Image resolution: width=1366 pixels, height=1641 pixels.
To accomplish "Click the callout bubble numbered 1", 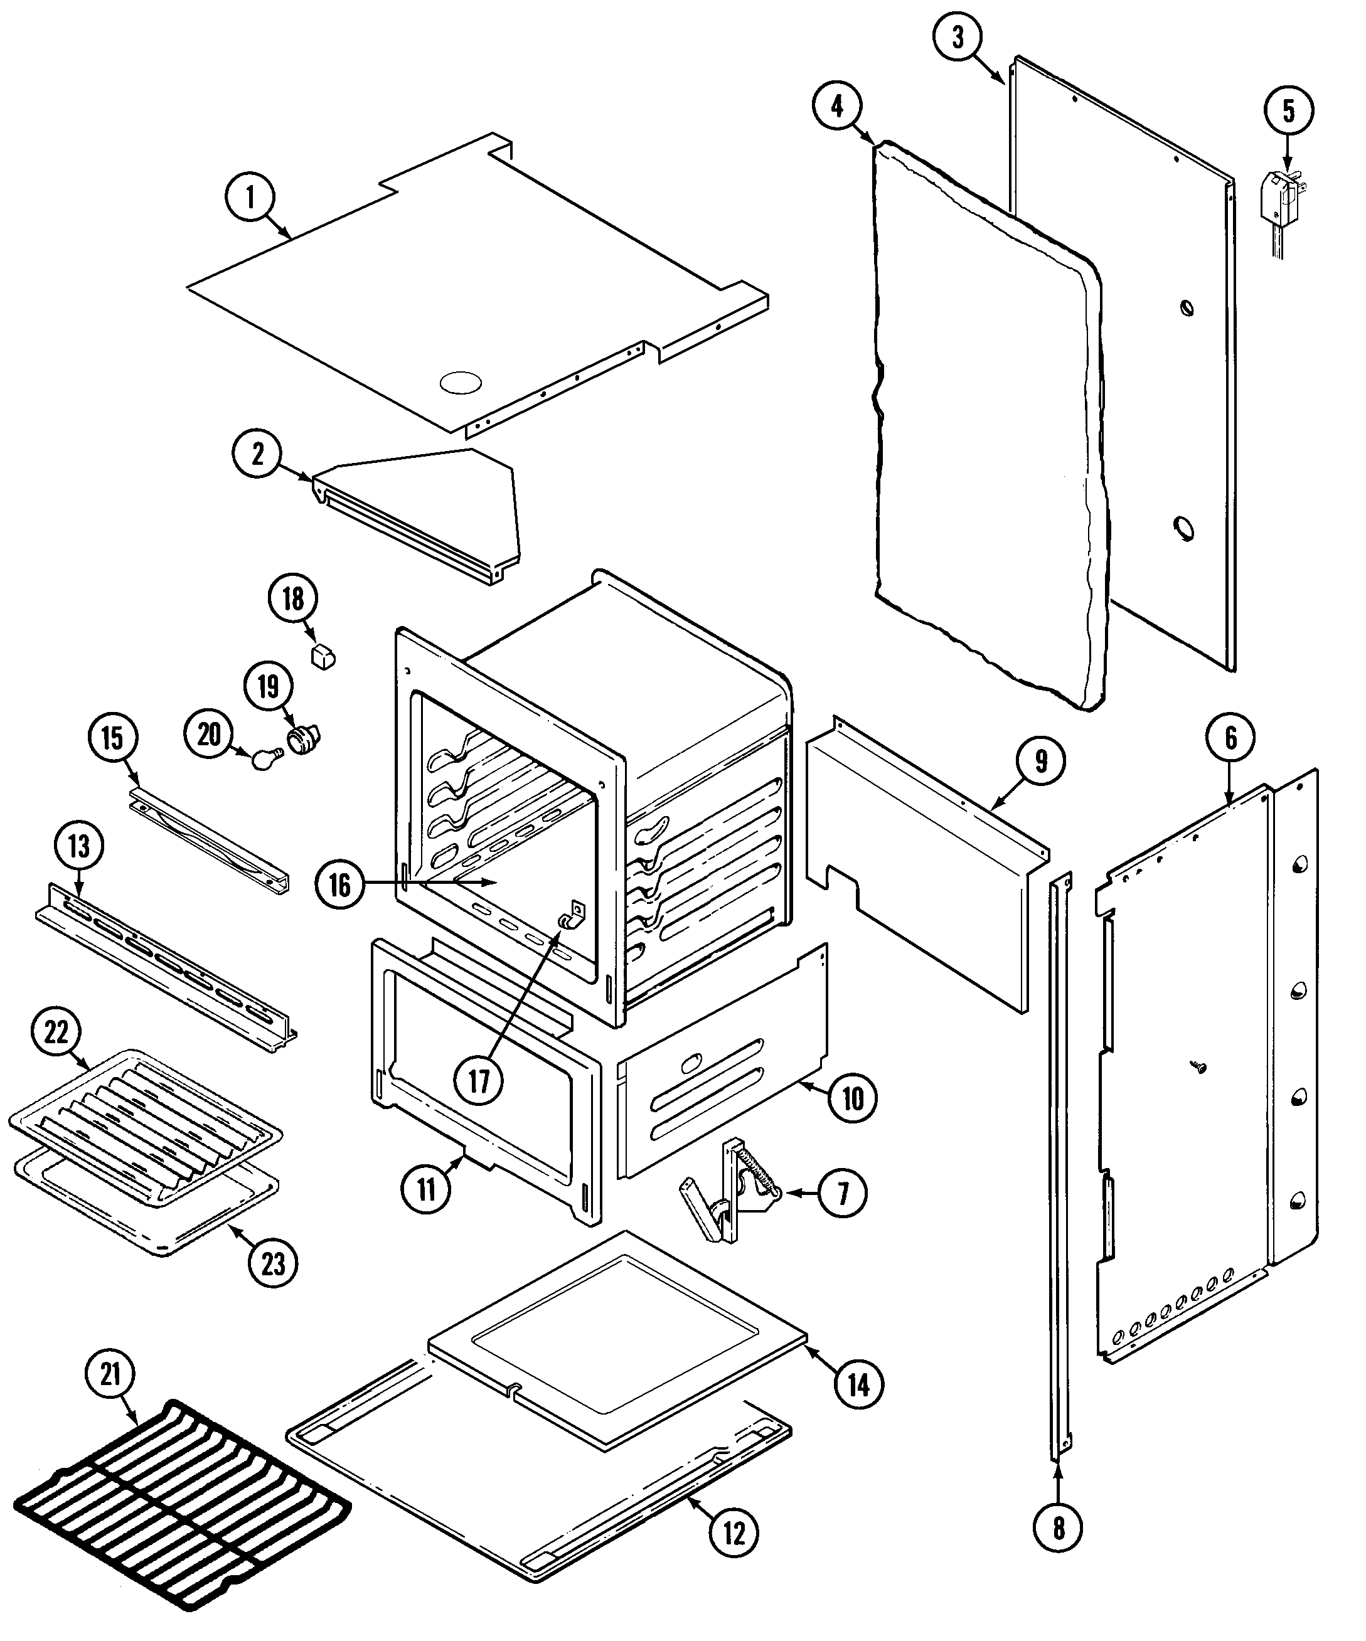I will click(x=250, y=198).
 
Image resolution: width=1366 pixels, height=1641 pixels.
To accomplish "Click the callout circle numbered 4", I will click(x=837, y=105).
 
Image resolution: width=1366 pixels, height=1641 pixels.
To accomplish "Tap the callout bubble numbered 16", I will click(x=340, y=884).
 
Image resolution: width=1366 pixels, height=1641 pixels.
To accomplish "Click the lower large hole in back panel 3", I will click(x=1185, y=531).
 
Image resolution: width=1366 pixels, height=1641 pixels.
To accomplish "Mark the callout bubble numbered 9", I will click(x=1041, y=760).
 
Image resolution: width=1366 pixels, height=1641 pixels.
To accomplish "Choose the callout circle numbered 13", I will click(x=79, y=846).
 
